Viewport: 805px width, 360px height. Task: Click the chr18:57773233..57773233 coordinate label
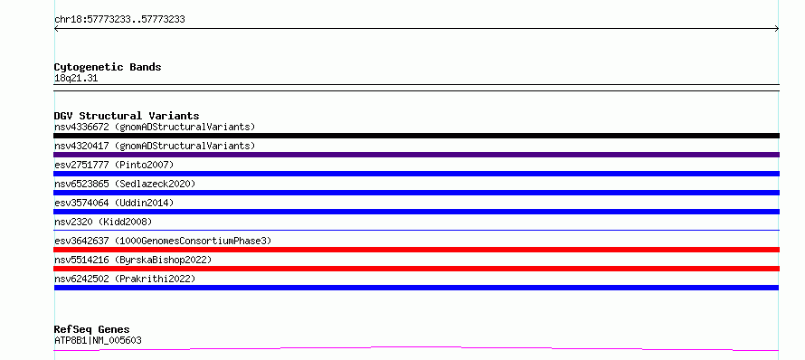tap(119, 20)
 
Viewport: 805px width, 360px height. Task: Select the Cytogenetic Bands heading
tap(108, 67)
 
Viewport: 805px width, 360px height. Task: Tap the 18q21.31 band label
tap(76, 79)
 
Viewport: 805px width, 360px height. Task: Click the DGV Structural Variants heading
tap(127, 116)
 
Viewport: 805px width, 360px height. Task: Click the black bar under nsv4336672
tap(416, 136)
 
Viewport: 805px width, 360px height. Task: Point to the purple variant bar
tap(416, 155)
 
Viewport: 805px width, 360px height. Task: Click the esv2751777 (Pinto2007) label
tap(114, 165)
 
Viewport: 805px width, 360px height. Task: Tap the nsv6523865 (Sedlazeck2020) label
tap(125, 184)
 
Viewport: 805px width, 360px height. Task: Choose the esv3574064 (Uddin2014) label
tap(114, 203)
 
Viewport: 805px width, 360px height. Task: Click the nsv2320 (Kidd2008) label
tap(103, 222)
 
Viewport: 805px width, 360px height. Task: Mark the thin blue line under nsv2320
tap(416, 230)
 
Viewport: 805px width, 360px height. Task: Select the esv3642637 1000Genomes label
tap(163, 241)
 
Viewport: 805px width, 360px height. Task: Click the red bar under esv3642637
tap(416, 250)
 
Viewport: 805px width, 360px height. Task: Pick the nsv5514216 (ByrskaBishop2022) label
tap(133, 260)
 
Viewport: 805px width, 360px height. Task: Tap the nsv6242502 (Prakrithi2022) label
tap(125, 279)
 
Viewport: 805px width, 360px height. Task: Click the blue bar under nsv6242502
tap(416, 288)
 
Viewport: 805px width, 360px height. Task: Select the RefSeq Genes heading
tap(92, 329)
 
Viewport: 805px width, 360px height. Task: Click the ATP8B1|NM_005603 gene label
tap(98, 340)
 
